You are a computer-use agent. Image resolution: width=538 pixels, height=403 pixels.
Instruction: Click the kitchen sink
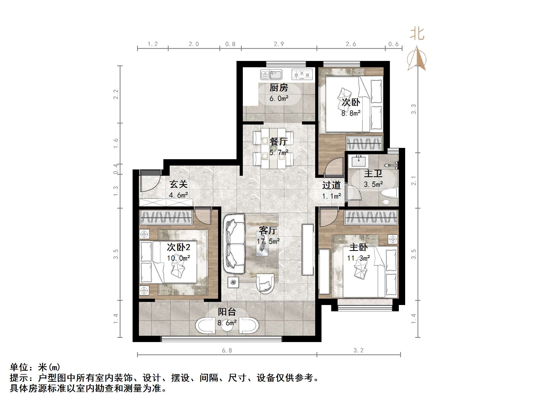271,75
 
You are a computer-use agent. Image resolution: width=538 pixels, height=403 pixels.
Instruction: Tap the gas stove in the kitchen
302,75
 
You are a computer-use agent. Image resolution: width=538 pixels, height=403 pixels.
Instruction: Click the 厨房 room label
279,88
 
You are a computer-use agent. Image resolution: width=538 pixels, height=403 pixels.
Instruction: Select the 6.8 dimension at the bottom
227,350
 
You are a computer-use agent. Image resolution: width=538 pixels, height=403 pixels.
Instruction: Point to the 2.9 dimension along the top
279,44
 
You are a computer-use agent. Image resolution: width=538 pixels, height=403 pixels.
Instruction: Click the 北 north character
417,34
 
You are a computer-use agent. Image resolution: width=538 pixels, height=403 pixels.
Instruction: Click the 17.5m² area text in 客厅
268,241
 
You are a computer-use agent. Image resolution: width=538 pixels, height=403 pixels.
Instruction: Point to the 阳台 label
227,312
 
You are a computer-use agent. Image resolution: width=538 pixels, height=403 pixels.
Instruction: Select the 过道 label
331,185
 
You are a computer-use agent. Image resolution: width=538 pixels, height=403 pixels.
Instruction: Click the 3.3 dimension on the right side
414,109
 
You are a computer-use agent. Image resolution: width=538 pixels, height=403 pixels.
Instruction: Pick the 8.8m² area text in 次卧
351,113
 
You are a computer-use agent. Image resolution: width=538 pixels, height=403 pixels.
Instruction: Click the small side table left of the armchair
233,282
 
